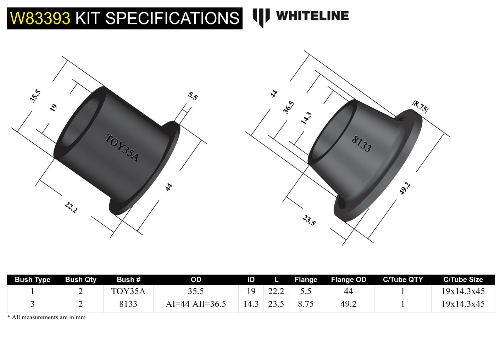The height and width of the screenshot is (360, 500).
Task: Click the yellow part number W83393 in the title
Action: [x=40, y=18]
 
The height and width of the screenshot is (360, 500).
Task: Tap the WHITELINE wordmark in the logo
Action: [x=312, y=16]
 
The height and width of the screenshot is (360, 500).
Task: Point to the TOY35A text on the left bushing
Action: [x=122, y=148]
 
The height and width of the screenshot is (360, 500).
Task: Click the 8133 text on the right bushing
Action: [x=361, y=144]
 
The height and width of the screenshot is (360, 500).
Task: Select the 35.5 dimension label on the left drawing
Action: [x=35, y=96]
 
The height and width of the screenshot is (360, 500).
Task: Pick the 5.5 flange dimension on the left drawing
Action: [x=193, y=96]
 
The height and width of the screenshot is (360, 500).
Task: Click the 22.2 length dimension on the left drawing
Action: [x=71, y=207]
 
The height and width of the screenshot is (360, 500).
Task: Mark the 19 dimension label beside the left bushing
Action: [x=53, y=108]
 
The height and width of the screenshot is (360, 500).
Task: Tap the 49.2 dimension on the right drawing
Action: [x=405, y=188]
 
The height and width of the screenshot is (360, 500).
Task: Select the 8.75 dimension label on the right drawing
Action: [x=420, y=106]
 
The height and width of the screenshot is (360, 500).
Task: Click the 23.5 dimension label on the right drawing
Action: [x=309, y=220]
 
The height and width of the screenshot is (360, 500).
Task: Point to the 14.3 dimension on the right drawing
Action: [x=306, y=118]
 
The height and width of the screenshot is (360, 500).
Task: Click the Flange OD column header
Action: [x=348, y=280]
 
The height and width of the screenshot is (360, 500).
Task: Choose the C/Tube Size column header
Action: [x=463, y=280]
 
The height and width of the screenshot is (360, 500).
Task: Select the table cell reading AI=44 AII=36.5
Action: [x=196, y=304]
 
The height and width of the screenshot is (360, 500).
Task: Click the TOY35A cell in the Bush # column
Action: [x=128, y=291]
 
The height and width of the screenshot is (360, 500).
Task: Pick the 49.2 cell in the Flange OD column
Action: [x=348, y=304]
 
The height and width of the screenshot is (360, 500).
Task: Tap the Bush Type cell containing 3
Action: [x=32, y=304]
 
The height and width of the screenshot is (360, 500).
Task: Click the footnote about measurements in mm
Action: [x=46, y=317]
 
